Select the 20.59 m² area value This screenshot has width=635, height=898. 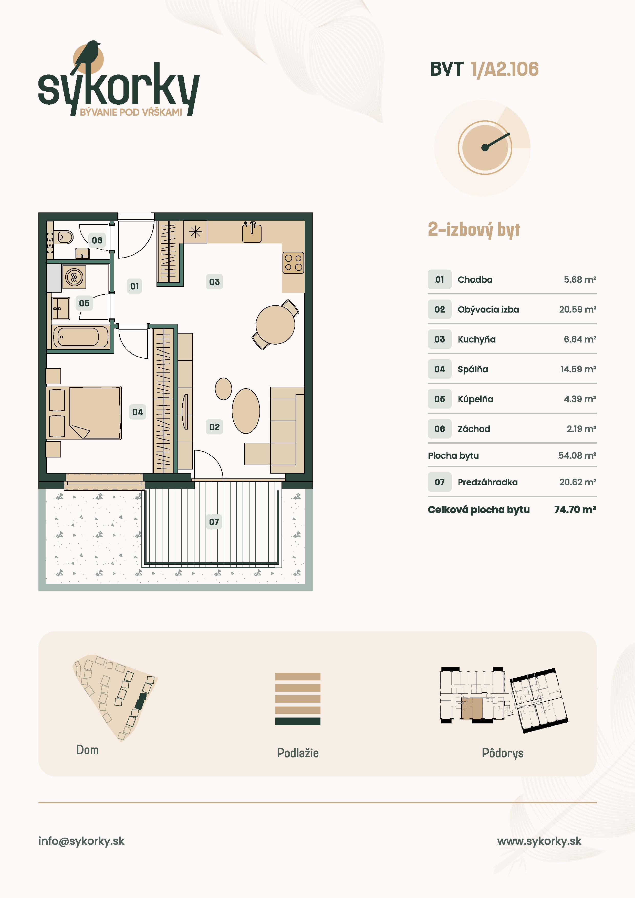click(x=577, y=309)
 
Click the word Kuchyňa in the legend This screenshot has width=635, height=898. click(x=476, y=339)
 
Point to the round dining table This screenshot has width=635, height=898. click(x=275, y=325)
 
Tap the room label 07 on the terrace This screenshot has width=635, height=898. click(x=214, y=522)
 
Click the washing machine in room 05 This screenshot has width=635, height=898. click(x=74, y=277)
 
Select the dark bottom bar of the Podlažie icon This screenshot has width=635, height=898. click(x=298, y=721)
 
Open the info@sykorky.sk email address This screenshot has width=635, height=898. click(x=81, y=841)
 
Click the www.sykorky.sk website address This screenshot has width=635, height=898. click(x=539, y=841)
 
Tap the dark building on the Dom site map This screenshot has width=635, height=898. click(x=140, y=701)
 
